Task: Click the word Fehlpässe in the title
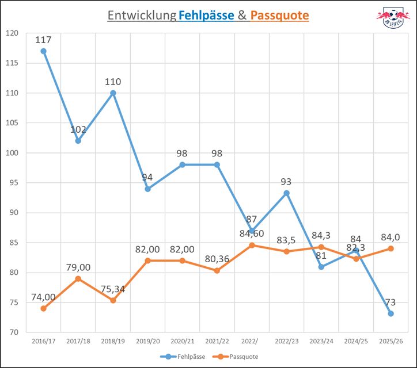coord(206,16)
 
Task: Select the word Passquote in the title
coord(279,16)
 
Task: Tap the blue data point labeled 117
coord(43,51)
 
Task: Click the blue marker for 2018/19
coord(113,93)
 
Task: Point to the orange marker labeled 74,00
coord(43,309)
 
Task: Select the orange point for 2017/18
coord(78,279)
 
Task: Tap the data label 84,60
coord(251,233)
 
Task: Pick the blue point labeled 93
coord(286,193)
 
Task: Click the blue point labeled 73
coord(391,313)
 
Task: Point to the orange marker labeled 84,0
coord(391,248)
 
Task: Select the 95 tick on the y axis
coord(12,183)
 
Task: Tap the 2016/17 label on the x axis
coord(43,341)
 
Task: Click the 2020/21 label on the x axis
coord(182,341)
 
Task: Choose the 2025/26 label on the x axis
coord(391,341)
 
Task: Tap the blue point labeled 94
coord(147,189)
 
